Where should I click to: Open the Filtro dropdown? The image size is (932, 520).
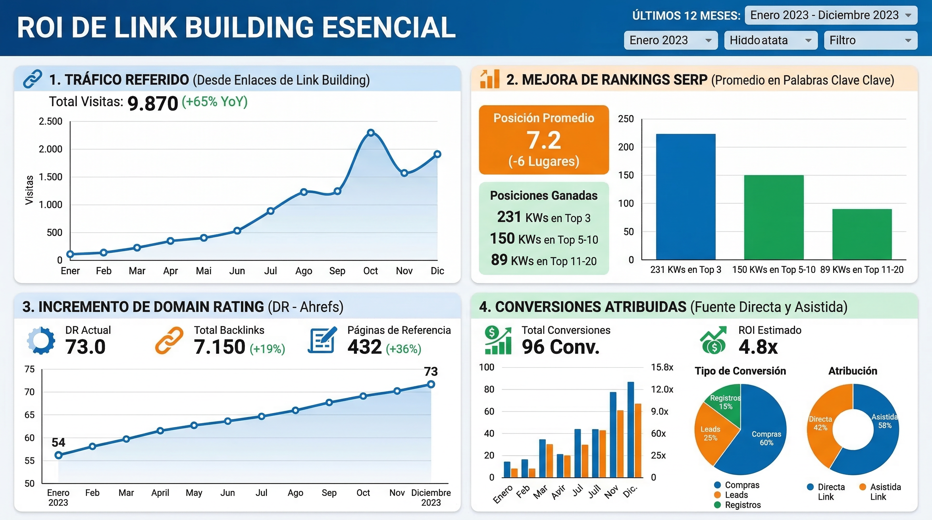click(870, 40)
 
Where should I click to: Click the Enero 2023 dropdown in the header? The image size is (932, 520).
click(671, 40)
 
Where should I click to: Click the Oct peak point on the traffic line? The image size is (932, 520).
click(370, 133)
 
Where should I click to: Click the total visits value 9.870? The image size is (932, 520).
click(153, 103)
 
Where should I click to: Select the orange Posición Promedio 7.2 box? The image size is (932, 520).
click(544, 139)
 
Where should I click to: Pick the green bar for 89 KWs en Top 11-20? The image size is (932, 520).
click(862, 234)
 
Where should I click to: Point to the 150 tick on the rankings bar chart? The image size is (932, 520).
click(626, 175)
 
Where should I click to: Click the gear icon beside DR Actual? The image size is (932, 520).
click(41, 340)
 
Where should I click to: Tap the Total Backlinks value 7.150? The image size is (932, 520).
click(219, 347)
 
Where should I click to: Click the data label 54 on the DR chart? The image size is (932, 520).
click(58, 442)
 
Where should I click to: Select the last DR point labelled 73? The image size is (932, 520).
click(430, 384)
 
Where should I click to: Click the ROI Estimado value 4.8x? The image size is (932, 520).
click(758, 347)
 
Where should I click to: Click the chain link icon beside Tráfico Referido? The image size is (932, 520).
click(32, 79)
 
